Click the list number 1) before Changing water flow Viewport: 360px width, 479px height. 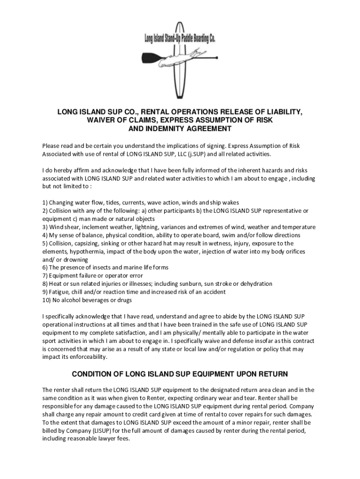pyautogui.click(x=45, y=203)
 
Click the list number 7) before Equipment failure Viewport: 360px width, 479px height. pyautogui.click(x=45, y=276)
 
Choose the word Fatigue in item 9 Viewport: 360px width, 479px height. pyautogui.click(x=59, y=292)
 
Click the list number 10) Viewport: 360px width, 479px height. pyautogui.click(x=47, y=300)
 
